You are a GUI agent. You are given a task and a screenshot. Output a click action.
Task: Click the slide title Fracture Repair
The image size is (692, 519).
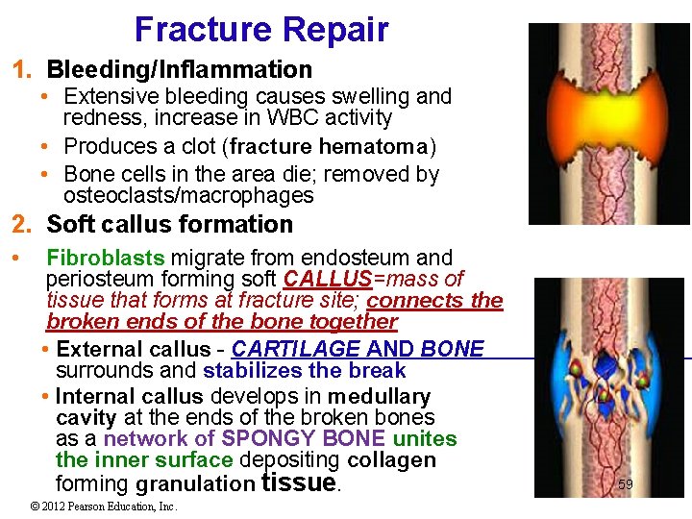click(261, 29)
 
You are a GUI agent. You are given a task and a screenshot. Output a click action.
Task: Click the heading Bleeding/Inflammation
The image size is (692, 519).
click(180, 70)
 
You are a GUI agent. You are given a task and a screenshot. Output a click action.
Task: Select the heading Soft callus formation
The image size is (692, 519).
click(170, 225)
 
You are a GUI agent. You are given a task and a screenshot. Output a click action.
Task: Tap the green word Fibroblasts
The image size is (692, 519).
click(106, 258)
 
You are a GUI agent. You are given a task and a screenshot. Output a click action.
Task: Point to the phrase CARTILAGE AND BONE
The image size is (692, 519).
click(358, 349)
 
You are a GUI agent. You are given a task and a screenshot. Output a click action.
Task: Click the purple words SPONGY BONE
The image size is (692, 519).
click(305, 439)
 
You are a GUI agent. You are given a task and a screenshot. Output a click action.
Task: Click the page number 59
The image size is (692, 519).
click(625, 484)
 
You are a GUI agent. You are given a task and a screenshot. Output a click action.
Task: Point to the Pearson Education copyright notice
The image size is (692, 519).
click(104, 507)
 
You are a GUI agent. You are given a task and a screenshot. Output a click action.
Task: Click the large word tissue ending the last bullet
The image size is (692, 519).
click(299, 482)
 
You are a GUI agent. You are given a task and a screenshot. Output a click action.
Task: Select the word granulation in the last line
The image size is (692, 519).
click(196, 483)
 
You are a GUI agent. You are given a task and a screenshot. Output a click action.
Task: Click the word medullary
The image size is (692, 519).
click(379, 397)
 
